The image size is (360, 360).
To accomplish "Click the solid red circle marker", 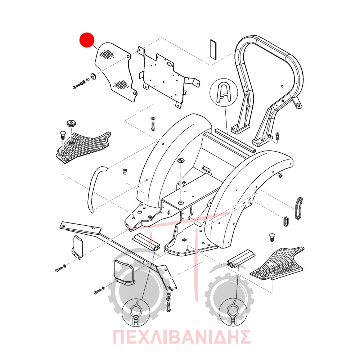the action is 87,40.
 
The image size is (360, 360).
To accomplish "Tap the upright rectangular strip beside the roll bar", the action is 213,50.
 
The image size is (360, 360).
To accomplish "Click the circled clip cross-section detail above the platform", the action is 224,92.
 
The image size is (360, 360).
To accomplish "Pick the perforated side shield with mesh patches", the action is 115,71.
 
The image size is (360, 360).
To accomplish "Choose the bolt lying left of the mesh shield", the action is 76,86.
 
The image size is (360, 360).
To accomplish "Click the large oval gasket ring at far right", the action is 298,208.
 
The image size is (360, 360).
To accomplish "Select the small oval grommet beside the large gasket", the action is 286,221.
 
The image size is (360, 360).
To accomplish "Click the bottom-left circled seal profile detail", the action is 136,312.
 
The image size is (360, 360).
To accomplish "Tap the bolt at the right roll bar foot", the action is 277,136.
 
